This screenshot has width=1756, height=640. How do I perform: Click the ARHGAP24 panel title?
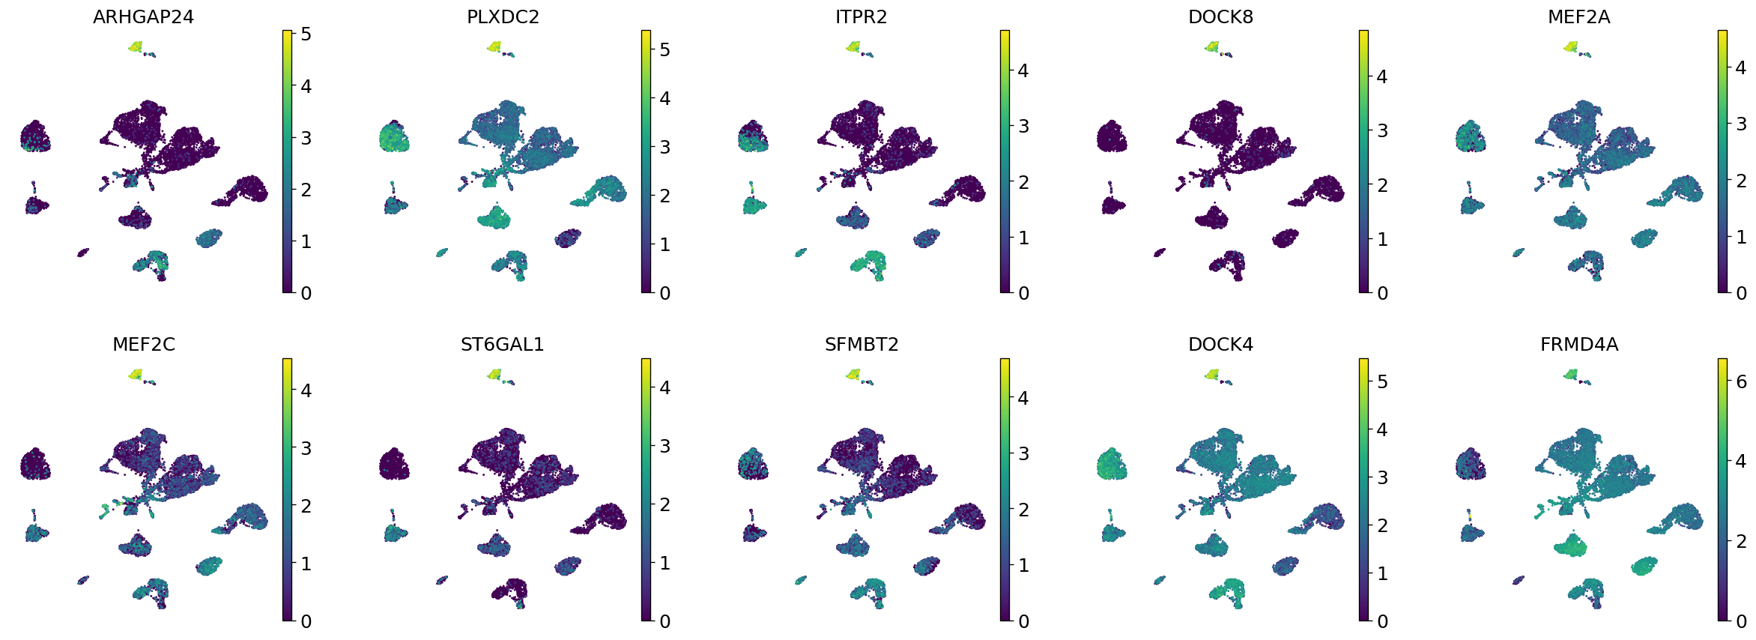pyautogui.click(x=143, y=17)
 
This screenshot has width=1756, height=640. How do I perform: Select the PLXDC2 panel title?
pyautogui.click(x=503, y=17)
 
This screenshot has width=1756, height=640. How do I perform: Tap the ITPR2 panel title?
pyautogui.click(x=861, y=17)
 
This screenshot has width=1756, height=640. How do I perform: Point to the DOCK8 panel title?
pyautogui.click(x=1220, y=17)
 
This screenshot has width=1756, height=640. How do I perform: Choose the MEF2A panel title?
pyautogui.click(x=1578, y=17)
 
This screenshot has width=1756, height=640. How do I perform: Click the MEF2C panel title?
pyautogui.click(x=143, y=345)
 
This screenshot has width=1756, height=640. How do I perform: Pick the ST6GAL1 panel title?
pyautogui.click(x=503, y=345)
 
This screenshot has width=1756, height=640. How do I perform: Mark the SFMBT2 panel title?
pyautogui.click(x=861, y=345)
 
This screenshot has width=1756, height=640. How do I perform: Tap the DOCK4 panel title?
pyautogui.click(x=1220, y=345)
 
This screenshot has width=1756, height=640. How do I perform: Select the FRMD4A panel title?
pyautogui.click(x=1578, y=345)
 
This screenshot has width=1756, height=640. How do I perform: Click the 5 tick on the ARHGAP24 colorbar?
pyautogui.click(x=306, y=34)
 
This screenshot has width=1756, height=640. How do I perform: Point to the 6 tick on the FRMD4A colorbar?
pyautogui.click(x=1741, y=382)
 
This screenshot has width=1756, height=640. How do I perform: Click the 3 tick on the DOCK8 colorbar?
pyautogui.click(x=1382, y=131)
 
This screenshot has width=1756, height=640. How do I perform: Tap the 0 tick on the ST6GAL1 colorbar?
pyautogui.click(x=664, y=621)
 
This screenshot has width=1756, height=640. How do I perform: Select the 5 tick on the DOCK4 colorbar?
pyautogui.click(x=1382, y=382)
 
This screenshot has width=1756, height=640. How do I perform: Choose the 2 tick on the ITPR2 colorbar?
pyautogui.click(x=1023, y=182)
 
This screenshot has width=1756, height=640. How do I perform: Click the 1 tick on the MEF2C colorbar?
pyautogui.click(x=306, y=564)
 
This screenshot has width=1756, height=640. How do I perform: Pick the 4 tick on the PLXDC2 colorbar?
pyautogui.click(x=664, y=99)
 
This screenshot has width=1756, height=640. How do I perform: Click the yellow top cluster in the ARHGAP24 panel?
pyautogui.click(x=136, y=46)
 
